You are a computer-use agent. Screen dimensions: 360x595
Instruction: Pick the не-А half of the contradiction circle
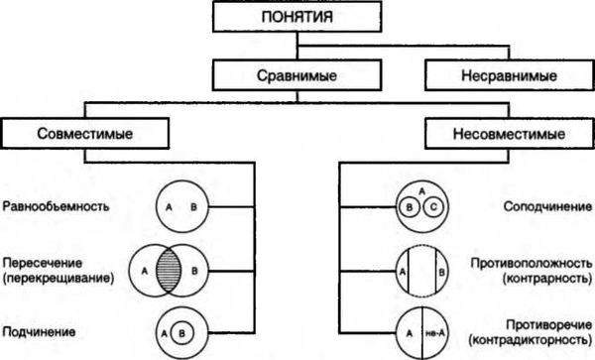[432, 331]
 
